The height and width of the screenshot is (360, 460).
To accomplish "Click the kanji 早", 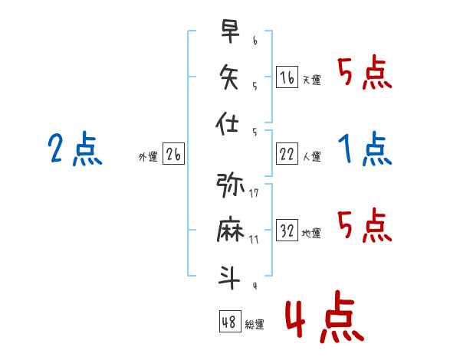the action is (x=230, y=31).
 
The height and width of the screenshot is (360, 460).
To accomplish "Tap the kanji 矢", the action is (x=229, y=77).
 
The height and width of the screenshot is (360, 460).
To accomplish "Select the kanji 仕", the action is (x=227, y=123).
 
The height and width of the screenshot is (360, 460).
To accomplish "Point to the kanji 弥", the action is (x=230, y=185).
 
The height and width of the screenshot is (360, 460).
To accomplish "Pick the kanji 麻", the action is (x=230, y=229).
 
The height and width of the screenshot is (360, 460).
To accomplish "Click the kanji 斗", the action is (x=229, y=277).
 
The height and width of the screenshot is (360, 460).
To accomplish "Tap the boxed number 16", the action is (x=287, y=77).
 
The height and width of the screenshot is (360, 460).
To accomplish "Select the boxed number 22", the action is (x=287, y=153).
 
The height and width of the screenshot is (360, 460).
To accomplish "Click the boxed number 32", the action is (x=287, y=230).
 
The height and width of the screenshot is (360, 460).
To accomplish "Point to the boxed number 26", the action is (x=173, y=153).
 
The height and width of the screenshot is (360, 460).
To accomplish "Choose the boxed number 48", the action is (x=230, y=321).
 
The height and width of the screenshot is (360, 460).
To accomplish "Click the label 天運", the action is (x=312, y=80).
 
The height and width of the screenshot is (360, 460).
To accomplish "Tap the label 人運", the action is (x=312, y=156).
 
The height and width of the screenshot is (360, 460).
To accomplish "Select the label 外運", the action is (x=148, y=157).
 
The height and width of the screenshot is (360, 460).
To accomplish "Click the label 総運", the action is (x=255, y=324).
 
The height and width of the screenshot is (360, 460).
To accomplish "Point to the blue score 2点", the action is (x=75, y=149).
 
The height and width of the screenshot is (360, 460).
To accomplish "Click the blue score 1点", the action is (x=365, y=149).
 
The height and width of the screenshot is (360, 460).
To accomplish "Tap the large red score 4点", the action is (x=324, y=316).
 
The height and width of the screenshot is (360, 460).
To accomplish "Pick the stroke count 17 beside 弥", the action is (x=254, y=193).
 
